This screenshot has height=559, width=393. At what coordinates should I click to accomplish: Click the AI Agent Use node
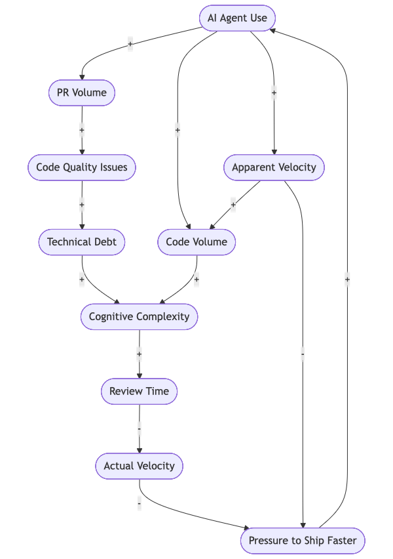[237, 18]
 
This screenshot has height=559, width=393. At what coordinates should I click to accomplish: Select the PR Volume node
[82, 93]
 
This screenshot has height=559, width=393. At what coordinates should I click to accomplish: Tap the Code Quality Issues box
[82, 167]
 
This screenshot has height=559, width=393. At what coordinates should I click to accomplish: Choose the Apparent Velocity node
[274, 167]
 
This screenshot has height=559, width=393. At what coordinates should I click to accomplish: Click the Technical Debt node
[82, 242]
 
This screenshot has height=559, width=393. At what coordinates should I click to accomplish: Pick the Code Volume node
[196, 242]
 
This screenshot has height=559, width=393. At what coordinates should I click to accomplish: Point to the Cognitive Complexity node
[139, 317]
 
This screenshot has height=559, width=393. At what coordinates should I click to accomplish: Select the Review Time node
[139, 392]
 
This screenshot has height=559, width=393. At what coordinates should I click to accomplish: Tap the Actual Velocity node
[139, 466]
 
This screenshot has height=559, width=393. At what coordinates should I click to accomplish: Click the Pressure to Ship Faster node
[302, 541]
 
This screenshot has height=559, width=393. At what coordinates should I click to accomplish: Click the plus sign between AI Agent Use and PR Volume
[130, 45]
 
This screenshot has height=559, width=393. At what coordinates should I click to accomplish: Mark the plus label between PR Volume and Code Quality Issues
[82, 130]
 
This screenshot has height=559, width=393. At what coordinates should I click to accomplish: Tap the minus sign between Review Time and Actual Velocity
[139, 429]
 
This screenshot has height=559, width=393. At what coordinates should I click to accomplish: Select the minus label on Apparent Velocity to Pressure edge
[303, 354]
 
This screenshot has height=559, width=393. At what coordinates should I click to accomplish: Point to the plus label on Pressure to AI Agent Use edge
[347, 279]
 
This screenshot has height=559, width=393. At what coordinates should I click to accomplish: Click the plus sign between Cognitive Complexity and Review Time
[139, 354]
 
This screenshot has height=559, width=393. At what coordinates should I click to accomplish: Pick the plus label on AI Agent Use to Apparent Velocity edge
[274, 93]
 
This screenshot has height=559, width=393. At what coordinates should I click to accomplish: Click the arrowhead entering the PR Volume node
[82, 77]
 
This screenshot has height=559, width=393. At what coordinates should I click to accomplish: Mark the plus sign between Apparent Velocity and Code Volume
[233, 205]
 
